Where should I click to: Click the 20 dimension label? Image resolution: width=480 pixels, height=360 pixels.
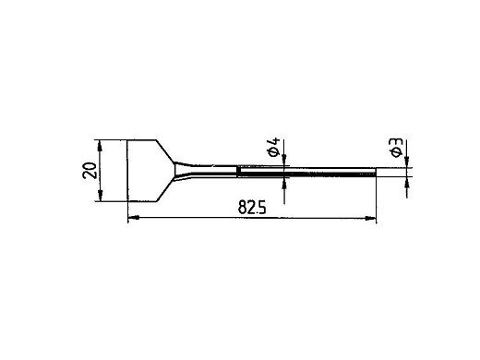pos(90,170)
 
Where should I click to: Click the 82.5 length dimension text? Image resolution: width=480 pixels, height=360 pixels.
pos(252,208)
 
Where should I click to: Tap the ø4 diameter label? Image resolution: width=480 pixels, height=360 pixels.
pos(273,147)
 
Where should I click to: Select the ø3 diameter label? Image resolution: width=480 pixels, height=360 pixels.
pos(396,148)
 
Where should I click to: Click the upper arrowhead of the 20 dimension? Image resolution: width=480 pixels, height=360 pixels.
pos(100,145)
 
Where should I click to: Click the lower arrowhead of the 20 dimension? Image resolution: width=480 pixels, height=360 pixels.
pos(100,196)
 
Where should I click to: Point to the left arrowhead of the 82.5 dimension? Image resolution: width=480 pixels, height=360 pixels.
pos(134,218)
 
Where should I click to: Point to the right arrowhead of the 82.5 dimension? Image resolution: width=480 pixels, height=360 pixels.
pos(370,219)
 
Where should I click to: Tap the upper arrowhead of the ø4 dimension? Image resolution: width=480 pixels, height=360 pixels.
pos(284,162)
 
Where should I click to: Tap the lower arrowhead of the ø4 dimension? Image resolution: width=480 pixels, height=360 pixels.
pos(284,184)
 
